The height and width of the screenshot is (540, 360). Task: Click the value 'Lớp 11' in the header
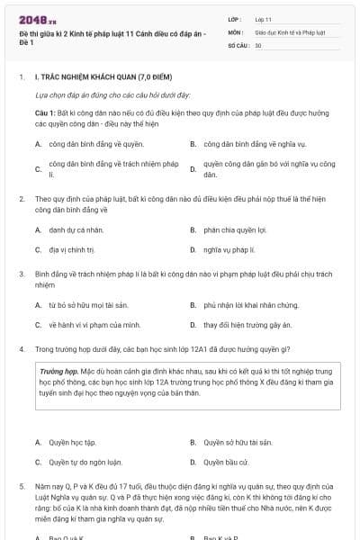click(264, 18)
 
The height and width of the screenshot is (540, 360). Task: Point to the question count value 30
click(258, 44)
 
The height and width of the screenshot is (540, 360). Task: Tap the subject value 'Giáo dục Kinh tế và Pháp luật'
click(289, 31)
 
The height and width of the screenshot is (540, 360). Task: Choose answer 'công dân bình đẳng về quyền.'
click(96, 143)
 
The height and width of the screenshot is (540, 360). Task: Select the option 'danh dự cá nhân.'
click(76, 230)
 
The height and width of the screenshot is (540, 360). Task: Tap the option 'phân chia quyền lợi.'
click(236, 230)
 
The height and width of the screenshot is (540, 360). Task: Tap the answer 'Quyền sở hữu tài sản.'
click(238, 443)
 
